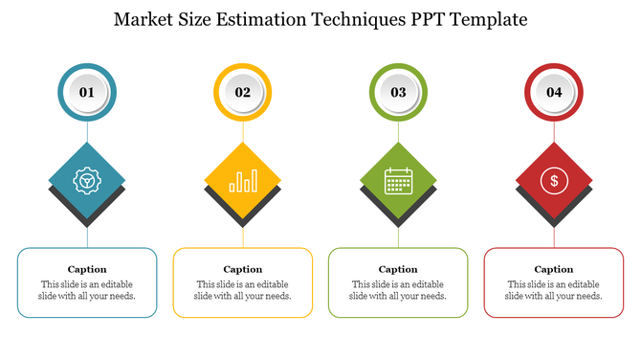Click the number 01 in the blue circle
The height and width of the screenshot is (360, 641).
[87, 93]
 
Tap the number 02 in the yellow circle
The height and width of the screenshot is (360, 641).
[243, 93]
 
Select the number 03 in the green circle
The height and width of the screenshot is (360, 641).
[398, 93]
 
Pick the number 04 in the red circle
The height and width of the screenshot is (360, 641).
[554, 93]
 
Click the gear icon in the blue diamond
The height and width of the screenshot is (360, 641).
[87, 179]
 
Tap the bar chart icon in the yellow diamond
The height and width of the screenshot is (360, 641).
[243, 180]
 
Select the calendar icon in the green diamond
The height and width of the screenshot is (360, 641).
[398, 180]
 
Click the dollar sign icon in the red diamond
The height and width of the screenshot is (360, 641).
[554, 179]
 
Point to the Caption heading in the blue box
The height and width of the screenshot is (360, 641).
[87, 269]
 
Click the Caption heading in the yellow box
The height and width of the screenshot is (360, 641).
[243, 269]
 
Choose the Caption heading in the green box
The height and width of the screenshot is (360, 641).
[398, 269]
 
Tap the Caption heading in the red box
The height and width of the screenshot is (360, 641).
[554, 269]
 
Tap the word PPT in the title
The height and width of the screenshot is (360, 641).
[432, 19]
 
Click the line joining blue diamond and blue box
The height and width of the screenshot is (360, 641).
[87, 235]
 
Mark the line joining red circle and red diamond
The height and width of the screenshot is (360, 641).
[554, 132]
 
